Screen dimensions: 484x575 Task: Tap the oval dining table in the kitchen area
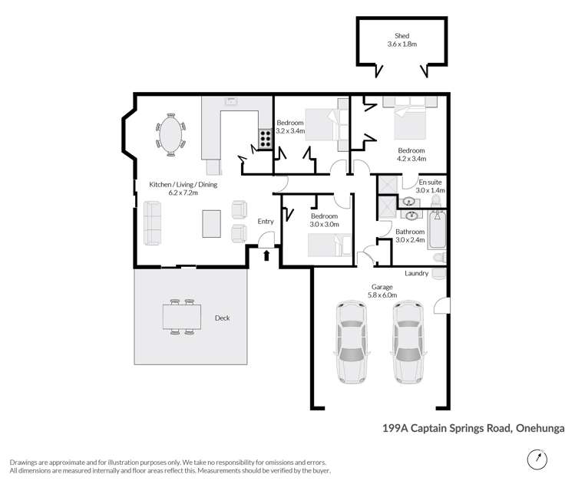tap(170, 136)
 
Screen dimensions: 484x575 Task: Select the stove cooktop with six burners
tap(265, 138)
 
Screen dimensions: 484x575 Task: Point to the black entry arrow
tap(266, 255)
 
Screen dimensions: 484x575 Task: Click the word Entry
tap(266, 222)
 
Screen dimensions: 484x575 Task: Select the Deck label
tap(222, 318)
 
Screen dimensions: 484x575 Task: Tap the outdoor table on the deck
tap(181, 316)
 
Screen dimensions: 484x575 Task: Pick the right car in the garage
tap(407, 343)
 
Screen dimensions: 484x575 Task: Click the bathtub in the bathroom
tap(438, 229)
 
